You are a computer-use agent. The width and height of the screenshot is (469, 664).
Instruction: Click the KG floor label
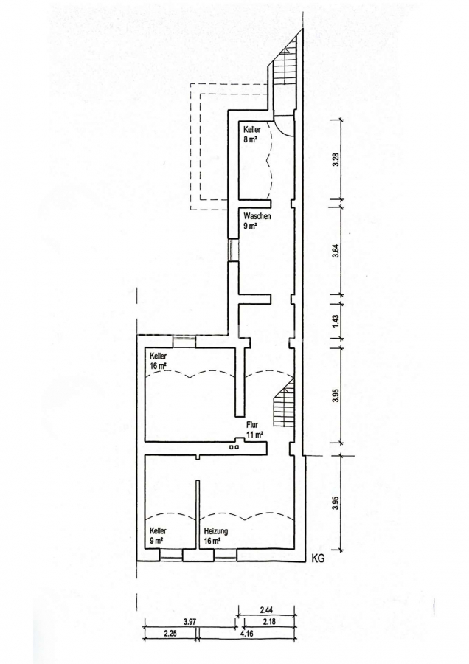pyautogui.click(x=318, y=558)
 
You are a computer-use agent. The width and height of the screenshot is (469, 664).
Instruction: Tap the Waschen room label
pyautogui.click(x=257, y=216)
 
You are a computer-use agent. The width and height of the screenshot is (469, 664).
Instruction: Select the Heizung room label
pyautogui.click(x=216, y=531)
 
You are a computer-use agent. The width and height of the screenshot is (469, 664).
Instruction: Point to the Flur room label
pyautogui.click(x=252, y=425)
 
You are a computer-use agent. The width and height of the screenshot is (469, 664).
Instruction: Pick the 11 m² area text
pyautogui.click(x=255, y=434)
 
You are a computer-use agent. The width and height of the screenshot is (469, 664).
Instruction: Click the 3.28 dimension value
pyautogui.click(x=336, y=159)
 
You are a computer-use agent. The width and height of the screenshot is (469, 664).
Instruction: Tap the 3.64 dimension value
pyautogui.click(x=336, y=251)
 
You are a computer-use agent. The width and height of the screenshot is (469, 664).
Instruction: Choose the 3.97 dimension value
pyautogui.click(x=190, y=622)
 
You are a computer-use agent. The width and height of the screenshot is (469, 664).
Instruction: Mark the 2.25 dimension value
pyautogui.click(x=170, y=634)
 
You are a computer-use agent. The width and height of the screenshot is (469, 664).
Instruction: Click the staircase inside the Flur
pyautogui.click(x=284, y=404)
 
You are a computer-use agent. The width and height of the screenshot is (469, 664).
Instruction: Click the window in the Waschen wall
pyautogui.click(x=232, y=250)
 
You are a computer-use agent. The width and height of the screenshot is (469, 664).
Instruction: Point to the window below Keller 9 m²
pyautogui.click(x=171, y=555)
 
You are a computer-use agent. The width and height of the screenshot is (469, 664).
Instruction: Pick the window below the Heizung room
pyautogui.click(x=225, y=555)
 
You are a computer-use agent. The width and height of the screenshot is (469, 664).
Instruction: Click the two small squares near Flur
pyautogui.click(x=234, y=447)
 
